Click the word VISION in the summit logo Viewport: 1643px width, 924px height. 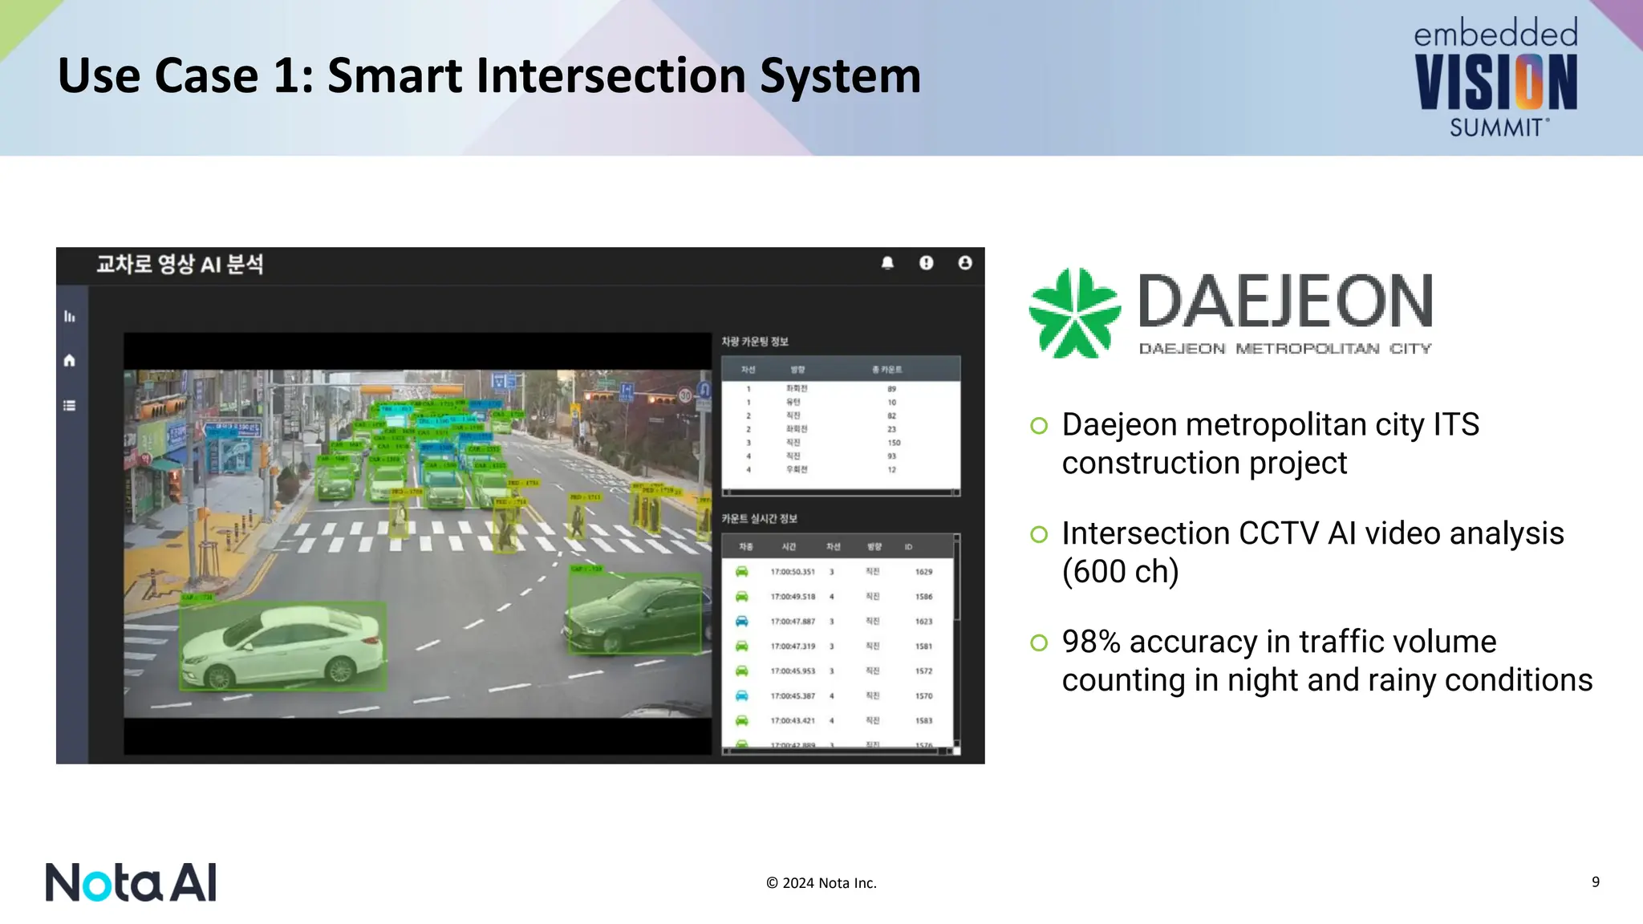1495,82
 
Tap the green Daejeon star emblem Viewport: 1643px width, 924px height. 1074,313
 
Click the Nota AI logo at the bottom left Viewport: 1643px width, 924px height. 131,882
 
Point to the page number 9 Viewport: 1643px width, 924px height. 1595,881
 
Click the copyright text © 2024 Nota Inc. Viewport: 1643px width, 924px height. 821,883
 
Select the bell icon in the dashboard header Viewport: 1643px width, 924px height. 887,263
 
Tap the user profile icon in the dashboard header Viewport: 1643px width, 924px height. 964,263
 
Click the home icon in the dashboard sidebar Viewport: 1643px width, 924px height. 70,361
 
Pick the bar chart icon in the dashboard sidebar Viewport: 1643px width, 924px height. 70,317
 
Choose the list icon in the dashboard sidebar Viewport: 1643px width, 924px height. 70,406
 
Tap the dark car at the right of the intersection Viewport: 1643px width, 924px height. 634,614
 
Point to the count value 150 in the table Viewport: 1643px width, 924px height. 894,443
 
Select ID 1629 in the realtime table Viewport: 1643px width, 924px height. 923,572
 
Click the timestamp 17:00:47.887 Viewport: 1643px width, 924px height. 793,622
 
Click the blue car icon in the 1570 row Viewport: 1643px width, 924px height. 742,695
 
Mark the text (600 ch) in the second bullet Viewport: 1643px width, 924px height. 1120,572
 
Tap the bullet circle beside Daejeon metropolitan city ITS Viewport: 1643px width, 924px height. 1039,426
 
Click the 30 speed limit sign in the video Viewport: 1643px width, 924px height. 685,395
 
